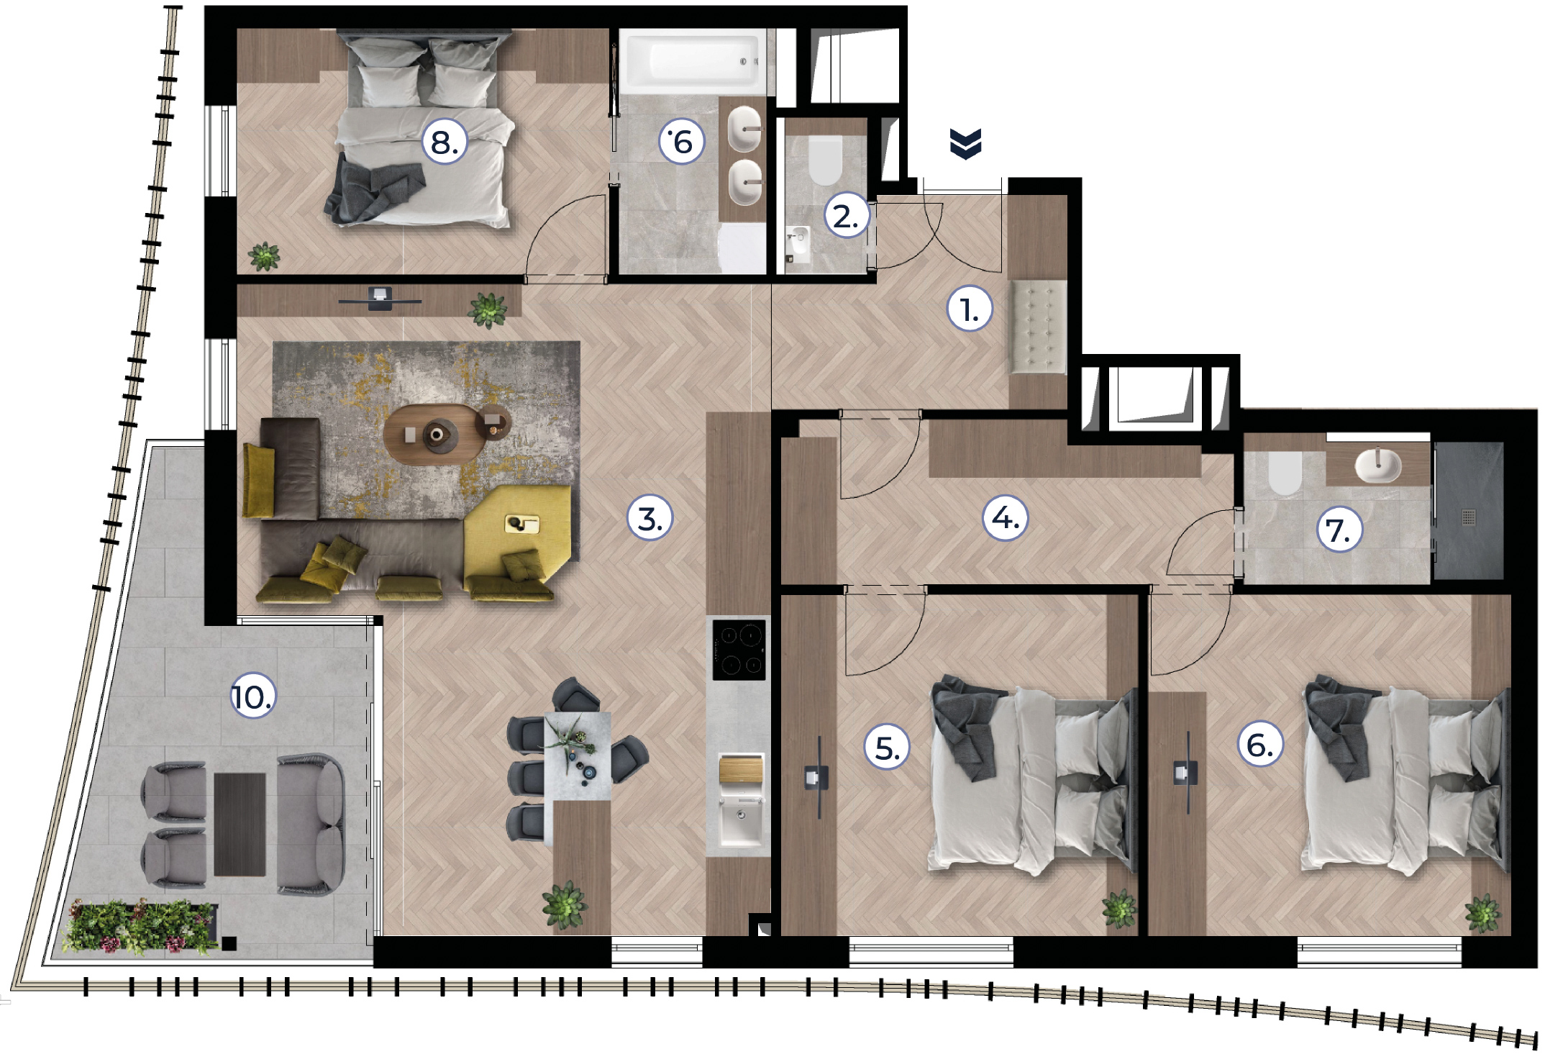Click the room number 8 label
(444, 141)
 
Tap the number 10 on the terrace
(252, 696)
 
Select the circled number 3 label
(650, 518)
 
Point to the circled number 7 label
(1339, 530)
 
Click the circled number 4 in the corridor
(1006, 517)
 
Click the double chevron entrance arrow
(965, 144)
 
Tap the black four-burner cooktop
(739, 649)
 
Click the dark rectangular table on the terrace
(240, 824)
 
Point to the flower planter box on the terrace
(141, 927)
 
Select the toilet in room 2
(825, 160)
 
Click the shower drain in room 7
(1469, 517)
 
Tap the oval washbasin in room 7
(1377, 464)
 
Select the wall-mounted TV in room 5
(816, 777)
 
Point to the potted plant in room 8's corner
(264, 256)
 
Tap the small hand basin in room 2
(798, 241)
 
